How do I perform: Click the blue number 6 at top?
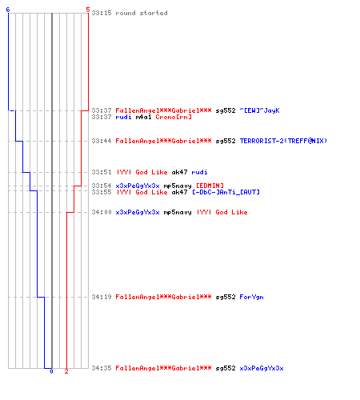8,10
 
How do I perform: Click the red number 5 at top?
88,10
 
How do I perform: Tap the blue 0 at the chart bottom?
51,371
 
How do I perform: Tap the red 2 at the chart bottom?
66,371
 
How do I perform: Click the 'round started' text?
142,13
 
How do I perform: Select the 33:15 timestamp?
102,13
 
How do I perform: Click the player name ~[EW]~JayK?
259,110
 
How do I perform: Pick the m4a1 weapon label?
144,117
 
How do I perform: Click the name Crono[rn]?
174,117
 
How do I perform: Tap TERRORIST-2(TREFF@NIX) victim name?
283,141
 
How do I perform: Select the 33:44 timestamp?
102,141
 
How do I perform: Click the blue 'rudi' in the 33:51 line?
199,172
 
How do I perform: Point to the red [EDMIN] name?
210,186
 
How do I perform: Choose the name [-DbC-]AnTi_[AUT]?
226,192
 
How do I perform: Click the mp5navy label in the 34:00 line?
178,212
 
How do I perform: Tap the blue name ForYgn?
251,297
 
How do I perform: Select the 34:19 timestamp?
102,297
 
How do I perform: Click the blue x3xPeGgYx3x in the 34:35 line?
262,368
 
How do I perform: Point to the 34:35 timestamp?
102,368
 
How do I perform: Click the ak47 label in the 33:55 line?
179,192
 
